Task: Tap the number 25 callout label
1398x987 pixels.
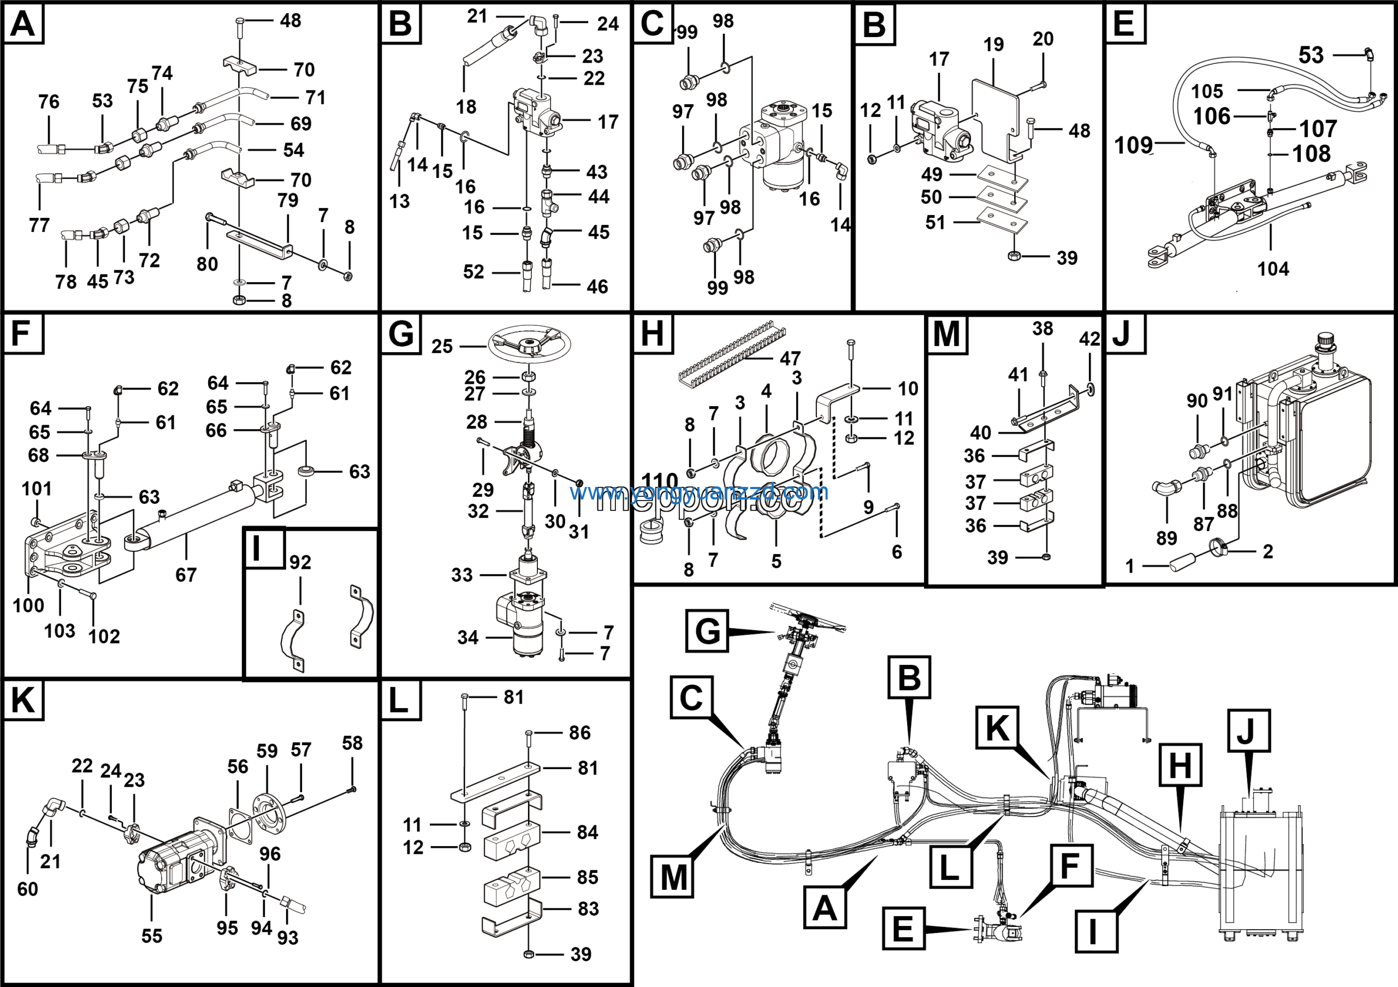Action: pos(442,347)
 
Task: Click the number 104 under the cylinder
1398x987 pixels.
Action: pos(1272,269)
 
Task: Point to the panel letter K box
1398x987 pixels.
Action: pos(23,700)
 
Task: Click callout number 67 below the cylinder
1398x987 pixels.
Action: pos(186,575)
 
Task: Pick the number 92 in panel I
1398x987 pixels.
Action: pos(300,562)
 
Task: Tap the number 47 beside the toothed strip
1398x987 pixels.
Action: pos(790,359)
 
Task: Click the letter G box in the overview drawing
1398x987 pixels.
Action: pos(707,631)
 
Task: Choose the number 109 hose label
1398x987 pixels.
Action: pos(1133,145)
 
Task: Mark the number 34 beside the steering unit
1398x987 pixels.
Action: pos(467,638)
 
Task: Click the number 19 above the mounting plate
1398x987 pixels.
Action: pos(993,44)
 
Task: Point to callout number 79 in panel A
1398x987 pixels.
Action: pos(287,200)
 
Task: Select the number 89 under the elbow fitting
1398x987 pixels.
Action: pos(1166,538)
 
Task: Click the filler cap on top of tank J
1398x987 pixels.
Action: pos(1325,343)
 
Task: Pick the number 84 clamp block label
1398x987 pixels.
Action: pos(587,833)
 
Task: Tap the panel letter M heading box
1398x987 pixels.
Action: pos(946,334)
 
